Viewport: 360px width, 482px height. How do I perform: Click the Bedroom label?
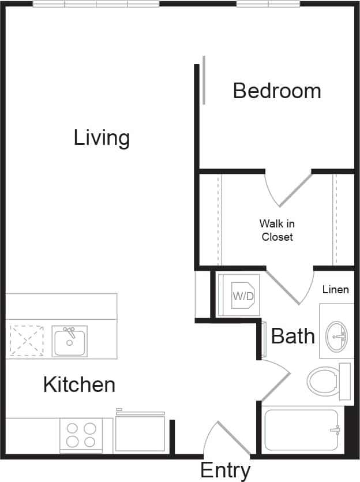pyautogui.click(x=277, y=91)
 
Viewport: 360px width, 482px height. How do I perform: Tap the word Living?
pyautogui.click(x=102, y=138)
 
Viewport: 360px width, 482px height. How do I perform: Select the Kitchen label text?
pyautogui.click(x=79, y=384)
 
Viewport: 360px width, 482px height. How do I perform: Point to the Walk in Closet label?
pyautogui.click(x=277, y=230)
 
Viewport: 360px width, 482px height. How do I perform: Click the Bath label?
pyautogui.click(x=293, y=336)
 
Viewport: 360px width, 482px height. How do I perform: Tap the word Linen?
pyautogui.click(x=335, y=289)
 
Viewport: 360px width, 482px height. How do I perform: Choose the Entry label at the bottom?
pyautogui.click(x=225, y=470)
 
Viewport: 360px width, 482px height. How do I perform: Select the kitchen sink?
pyautogui.click(x=70, y=341)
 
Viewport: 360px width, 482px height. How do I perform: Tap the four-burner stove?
pyautogui.click(x=81, y=435)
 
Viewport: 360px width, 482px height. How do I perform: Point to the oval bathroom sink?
pyautogui.click(x=335, y=336)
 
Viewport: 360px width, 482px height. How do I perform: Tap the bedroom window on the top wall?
pyautogui.click(x=268, y=4)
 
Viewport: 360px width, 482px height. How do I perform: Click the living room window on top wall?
pyautogui.click(x=96, y=4)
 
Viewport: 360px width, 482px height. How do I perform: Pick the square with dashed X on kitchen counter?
pyautogui.click(x=27, y=341)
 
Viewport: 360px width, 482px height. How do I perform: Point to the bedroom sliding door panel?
pyautogui.click(x=204, y=80)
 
